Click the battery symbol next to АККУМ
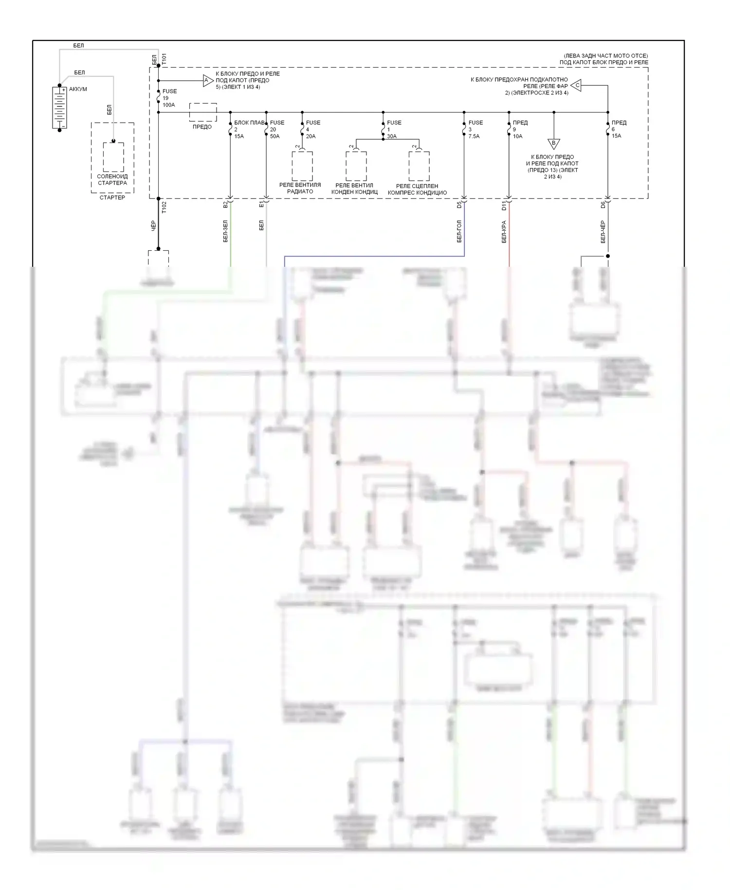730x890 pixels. point(59,108)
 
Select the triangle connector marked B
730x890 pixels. point(554,144)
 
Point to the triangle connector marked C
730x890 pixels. point(576,86)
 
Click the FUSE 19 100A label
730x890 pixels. point(169,98)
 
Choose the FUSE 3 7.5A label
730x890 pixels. point(475,130)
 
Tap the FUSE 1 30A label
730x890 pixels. point(393,130)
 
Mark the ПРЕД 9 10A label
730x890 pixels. point(519,130)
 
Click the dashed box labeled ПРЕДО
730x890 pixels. point(203,112)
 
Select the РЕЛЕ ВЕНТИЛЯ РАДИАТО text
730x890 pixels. point(300,188)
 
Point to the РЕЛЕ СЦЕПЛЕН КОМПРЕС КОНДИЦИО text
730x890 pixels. point(417,189)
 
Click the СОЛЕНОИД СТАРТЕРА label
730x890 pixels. point(112,180)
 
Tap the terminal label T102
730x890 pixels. point(164,207)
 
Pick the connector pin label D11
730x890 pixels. point(505,206)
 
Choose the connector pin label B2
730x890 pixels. point(225,205)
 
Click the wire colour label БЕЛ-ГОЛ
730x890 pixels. point(459,232)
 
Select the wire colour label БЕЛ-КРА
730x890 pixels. point(504,232)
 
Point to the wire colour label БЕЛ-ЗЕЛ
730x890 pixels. point(225,232)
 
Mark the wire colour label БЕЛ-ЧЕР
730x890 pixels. point(603,232)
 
